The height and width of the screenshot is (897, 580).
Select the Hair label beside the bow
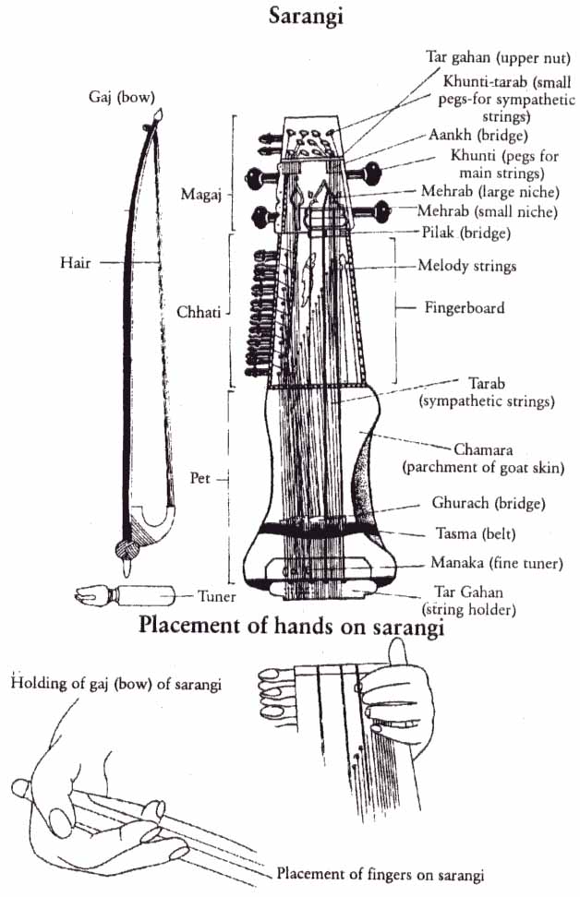77,262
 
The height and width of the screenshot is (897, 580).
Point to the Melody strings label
466,266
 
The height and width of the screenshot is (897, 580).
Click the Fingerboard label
465,307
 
